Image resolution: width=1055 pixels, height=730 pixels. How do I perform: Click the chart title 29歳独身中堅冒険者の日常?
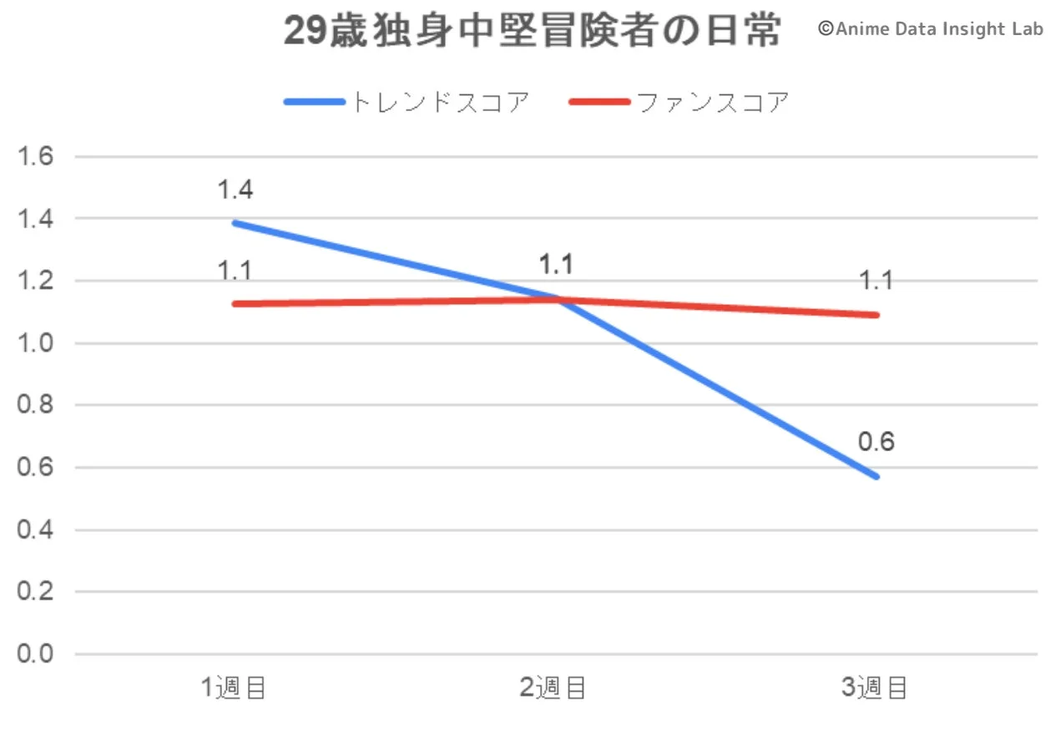point(533,32)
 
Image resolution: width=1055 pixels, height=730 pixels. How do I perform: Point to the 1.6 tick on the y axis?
point(36,156)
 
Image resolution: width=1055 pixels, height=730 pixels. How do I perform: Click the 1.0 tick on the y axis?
point(36,343)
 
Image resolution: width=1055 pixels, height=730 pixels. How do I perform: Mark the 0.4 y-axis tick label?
point(36,530)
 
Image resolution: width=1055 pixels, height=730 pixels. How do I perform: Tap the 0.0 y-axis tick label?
point(36,654)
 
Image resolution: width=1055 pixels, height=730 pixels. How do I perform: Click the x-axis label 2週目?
point(553,688)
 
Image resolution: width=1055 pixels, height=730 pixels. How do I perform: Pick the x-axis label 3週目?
point(874,688)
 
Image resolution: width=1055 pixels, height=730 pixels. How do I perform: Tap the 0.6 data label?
point(876,442)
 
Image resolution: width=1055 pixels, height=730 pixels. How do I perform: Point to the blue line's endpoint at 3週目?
point(876,477)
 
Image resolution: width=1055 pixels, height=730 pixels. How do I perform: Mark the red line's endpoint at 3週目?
point(876,315)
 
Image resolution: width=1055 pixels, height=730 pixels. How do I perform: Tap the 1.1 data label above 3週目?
point(876,281)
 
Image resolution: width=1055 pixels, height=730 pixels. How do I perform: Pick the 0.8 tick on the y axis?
point(36,405)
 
